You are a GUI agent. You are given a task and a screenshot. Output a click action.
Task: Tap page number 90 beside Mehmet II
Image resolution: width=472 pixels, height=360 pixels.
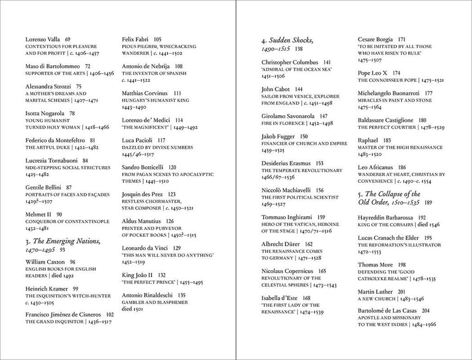(59, 214)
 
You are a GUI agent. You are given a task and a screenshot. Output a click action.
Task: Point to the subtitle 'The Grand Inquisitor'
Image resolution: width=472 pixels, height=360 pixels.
(55, 322)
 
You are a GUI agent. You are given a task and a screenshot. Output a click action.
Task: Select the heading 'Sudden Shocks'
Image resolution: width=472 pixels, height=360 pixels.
(288, 40)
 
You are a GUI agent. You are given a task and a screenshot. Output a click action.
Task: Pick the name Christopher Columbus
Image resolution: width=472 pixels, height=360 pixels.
(290, 62)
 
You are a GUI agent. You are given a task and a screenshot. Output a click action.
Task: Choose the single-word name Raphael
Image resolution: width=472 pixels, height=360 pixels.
(368, 140)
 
